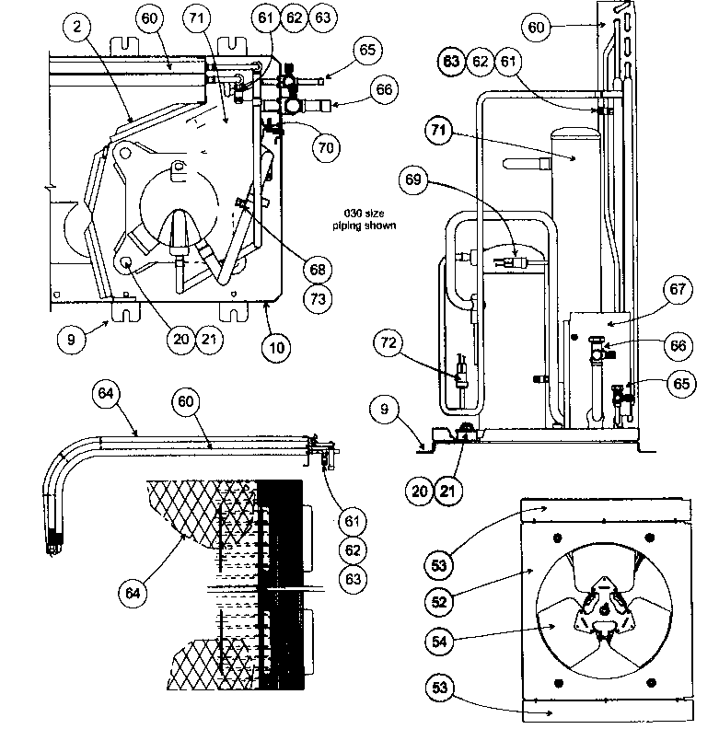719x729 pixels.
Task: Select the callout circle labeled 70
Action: tap(323, 147)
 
